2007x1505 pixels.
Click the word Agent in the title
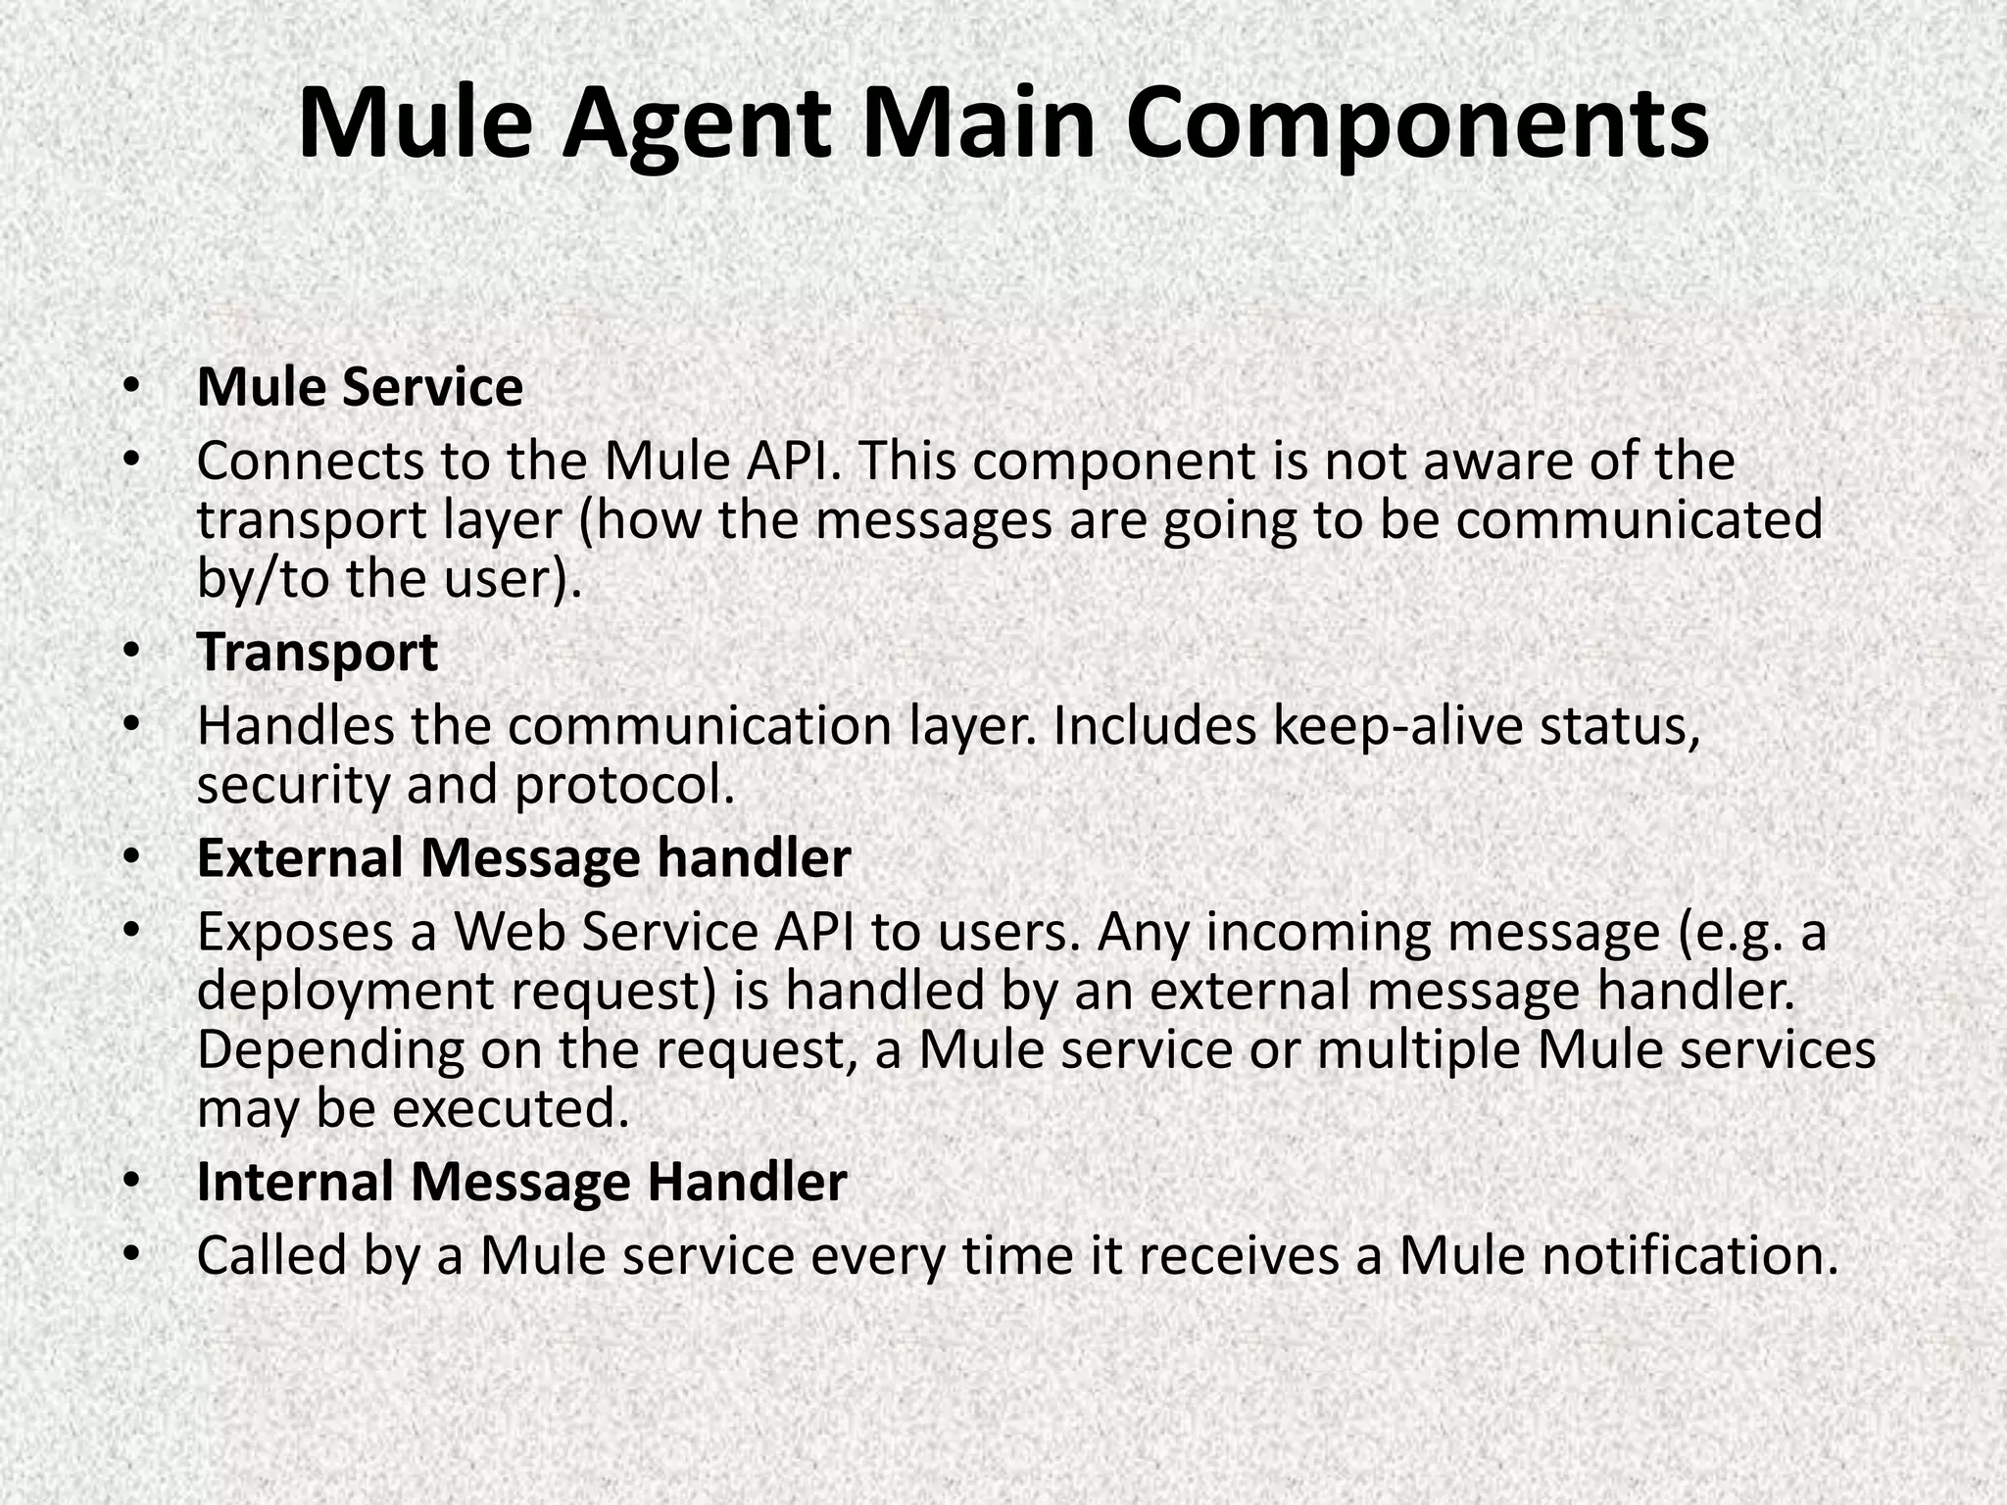pyautogui.click(x=697, y=125)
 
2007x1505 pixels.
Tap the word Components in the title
pyautogui.click(x=1417, y=125)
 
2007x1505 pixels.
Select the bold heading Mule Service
pyautogui.click(x=360, y=387)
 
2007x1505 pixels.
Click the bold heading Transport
pyautogui.click(x=317, y=653)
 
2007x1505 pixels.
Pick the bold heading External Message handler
pyautogui.click(x=523, y=858)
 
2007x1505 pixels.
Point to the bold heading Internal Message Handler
pyautogui.click(x=521, y=1182)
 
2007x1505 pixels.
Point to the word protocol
pyautogui.click(x=624, y=785)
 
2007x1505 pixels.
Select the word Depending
pyautogui.click(x=330, y=1049)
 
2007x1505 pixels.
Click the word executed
pyautogui.click(x=510, y=1109)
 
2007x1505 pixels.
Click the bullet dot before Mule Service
pyautogui.click(x=131, y=388)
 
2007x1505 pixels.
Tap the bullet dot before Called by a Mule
pyautogui.click(x=131, y=1256)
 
